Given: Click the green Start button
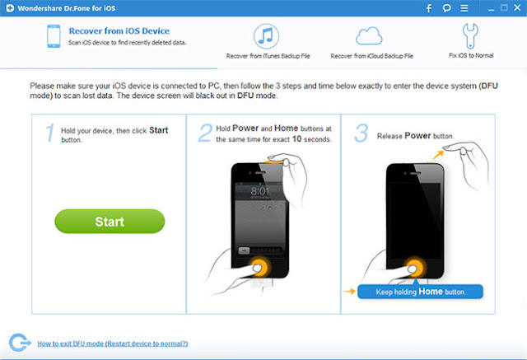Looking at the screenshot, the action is tap(110, 221).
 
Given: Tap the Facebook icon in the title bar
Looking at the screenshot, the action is tap(429, 8).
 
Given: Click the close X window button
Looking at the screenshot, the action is tap(517, 7).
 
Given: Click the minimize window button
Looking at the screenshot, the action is tap(491, 10).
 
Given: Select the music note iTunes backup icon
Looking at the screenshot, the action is tap(266, 36).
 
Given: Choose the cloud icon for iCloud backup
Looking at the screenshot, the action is tap(369, 36).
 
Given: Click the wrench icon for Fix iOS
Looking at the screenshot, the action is tap(470, 35).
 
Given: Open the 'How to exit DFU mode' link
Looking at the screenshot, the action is tap(113, 344).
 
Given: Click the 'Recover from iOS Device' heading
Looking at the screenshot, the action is tap(119, 31).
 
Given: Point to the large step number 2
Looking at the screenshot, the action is tap(205, 133).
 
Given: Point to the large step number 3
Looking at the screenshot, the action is tap(361, 133).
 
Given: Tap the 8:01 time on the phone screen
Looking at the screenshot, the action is tap(260, 191).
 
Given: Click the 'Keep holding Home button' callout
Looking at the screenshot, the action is tap(420, 292).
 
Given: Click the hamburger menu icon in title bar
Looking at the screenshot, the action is tap(464, 8).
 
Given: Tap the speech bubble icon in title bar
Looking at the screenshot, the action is tap(446, 8).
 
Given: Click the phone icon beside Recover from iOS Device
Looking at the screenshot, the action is tap(54, 36).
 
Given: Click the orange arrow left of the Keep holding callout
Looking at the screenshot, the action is tap(349, 291).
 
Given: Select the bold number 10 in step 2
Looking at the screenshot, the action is tap(296, 139).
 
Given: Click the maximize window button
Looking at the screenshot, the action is tap(504, 7).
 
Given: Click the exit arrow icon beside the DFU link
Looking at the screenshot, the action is tap(20, 343).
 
